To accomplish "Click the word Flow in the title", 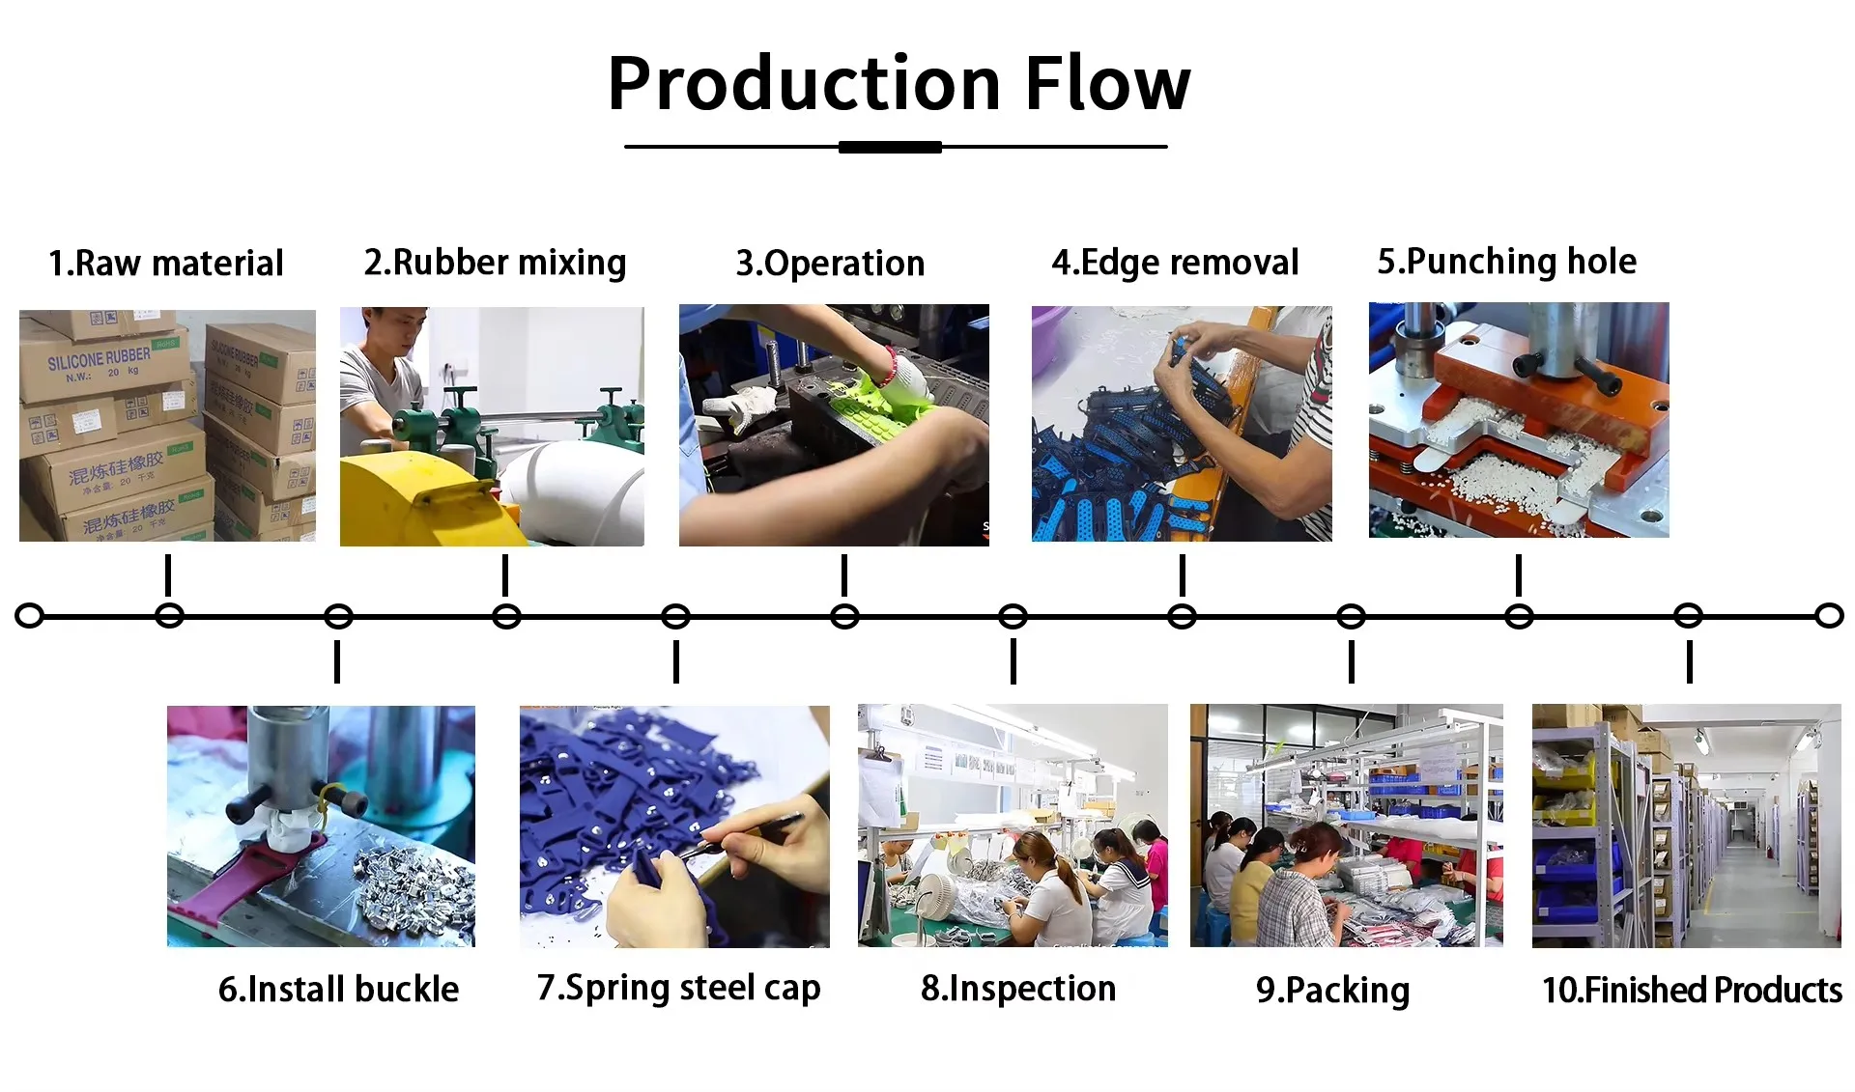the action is click(1107, 84).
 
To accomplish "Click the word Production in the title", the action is click(804, 84).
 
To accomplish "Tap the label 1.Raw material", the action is click(166, 264).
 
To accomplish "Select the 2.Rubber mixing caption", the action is click(495, 264).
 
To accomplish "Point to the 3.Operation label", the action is click(830, 264).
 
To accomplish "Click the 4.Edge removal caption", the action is click(1175, 263).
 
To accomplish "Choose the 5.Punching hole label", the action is click(1506, 262).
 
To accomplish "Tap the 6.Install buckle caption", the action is click(338, 990).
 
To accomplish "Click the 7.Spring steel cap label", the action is click(678, 989).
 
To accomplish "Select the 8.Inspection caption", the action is click(1018, 989).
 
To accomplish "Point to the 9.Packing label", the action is click(1332, 991).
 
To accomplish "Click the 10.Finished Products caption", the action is click(1692, 991).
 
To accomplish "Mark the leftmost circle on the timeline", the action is click(30, 616).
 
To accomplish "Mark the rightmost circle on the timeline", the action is click(1829, 616).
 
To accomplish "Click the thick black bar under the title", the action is click(890, 147).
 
